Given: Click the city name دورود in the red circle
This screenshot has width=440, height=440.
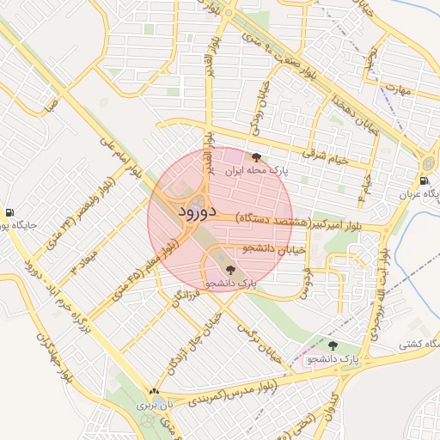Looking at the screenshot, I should pyautogui.click(x=198, y=211).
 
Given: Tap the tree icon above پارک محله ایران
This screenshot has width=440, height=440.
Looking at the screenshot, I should pyautogui.click(x=256, y=157).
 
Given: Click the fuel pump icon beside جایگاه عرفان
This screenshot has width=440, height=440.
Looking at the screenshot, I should pyautogui.click(x=425, y=180).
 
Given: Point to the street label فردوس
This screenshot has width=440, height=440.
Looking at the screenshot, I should pyautogui.click(x=305, y=283).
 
